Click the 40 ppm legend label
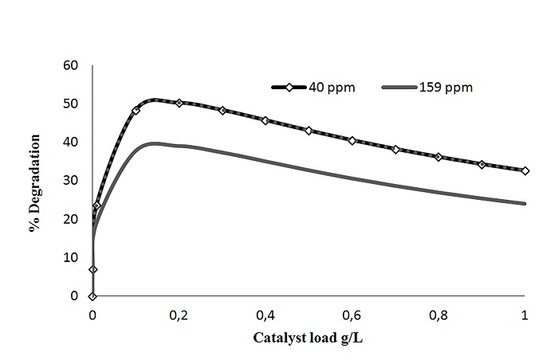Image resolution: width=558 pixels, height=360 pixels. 332,88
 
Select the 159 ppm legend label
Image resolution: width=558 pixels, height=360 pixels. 446,88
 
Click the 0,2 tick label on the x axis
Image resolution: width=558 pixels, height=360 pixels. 179,314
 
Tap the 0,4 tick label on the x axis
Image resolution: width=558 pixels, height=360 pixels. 265,314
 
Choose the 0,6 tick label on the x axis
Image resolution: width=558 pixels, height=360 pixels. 352,314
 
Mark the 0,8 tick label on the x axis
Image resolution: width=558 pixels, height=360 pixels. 438,314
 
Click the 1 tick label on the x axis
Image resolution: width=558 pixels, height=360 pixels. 524,314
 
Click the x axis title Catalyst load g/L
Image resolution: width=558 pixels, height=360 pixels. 308,338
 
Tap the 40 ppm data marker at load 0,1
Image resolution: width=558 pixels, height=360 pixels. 136,111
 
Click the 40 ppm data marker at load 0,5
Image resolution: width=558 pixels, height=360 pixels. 308,131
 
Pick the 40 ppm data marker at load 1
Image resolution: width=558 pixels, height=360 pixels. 525,170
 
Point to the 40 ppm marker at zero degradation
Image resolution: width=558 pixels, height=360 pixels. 92,296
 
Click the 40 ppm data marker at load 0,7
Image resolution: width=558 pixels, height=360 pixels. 395,149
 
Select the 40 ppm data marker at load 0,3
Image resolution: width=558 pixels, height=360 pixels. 222,111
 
